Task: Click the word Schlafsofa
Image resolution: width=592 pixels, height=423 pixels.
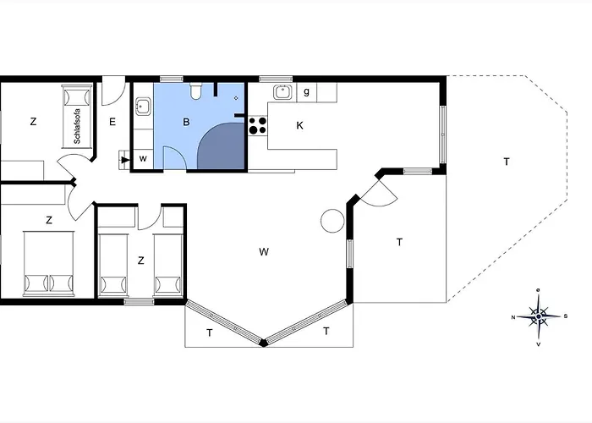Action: point(78,126)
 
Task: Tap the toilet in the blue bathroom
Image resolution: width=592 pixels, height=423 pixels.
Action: point(195,91)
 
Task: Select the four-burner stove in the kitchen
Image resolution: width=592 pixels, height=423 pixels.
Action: point(258,126)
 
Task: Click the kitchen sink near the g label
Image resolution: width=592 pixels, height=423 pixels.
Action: point(282,91)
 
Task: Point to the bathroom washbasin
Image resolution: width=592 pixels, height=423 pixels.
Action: point(143,106)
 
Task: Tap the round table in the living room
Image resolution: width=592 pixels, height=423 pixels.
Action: point(332,221)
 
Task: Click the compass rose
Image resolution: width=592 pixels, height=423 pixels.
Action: point(539,316)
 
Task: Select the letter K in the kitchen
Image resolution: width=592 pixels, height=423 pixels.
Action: point(299,126)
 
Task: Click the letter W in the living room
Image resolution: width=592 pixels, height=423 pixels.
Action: point(264,252)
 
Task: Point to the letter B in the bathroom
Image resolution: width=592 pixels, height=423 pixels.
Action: point(186,122)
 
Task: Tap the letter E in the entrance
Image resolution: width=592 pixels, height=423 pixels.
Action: point(112,122)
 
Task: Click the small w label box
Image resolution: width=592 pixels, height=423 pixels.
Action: point(143,159)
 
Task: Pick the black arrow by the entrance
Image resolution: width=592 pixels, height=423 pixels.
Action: point(125,160)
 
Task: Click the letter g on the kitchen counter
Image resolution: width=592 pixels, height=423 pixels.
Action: point(306,91)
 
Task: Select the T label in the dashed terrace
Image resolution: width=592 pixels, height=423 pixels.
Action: point(507,162)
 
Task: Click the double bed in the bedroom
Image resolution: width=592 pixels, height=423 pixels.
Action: point(49,263)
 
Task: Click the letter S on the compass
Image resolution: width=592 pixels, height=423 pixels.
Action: point(566,316)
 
